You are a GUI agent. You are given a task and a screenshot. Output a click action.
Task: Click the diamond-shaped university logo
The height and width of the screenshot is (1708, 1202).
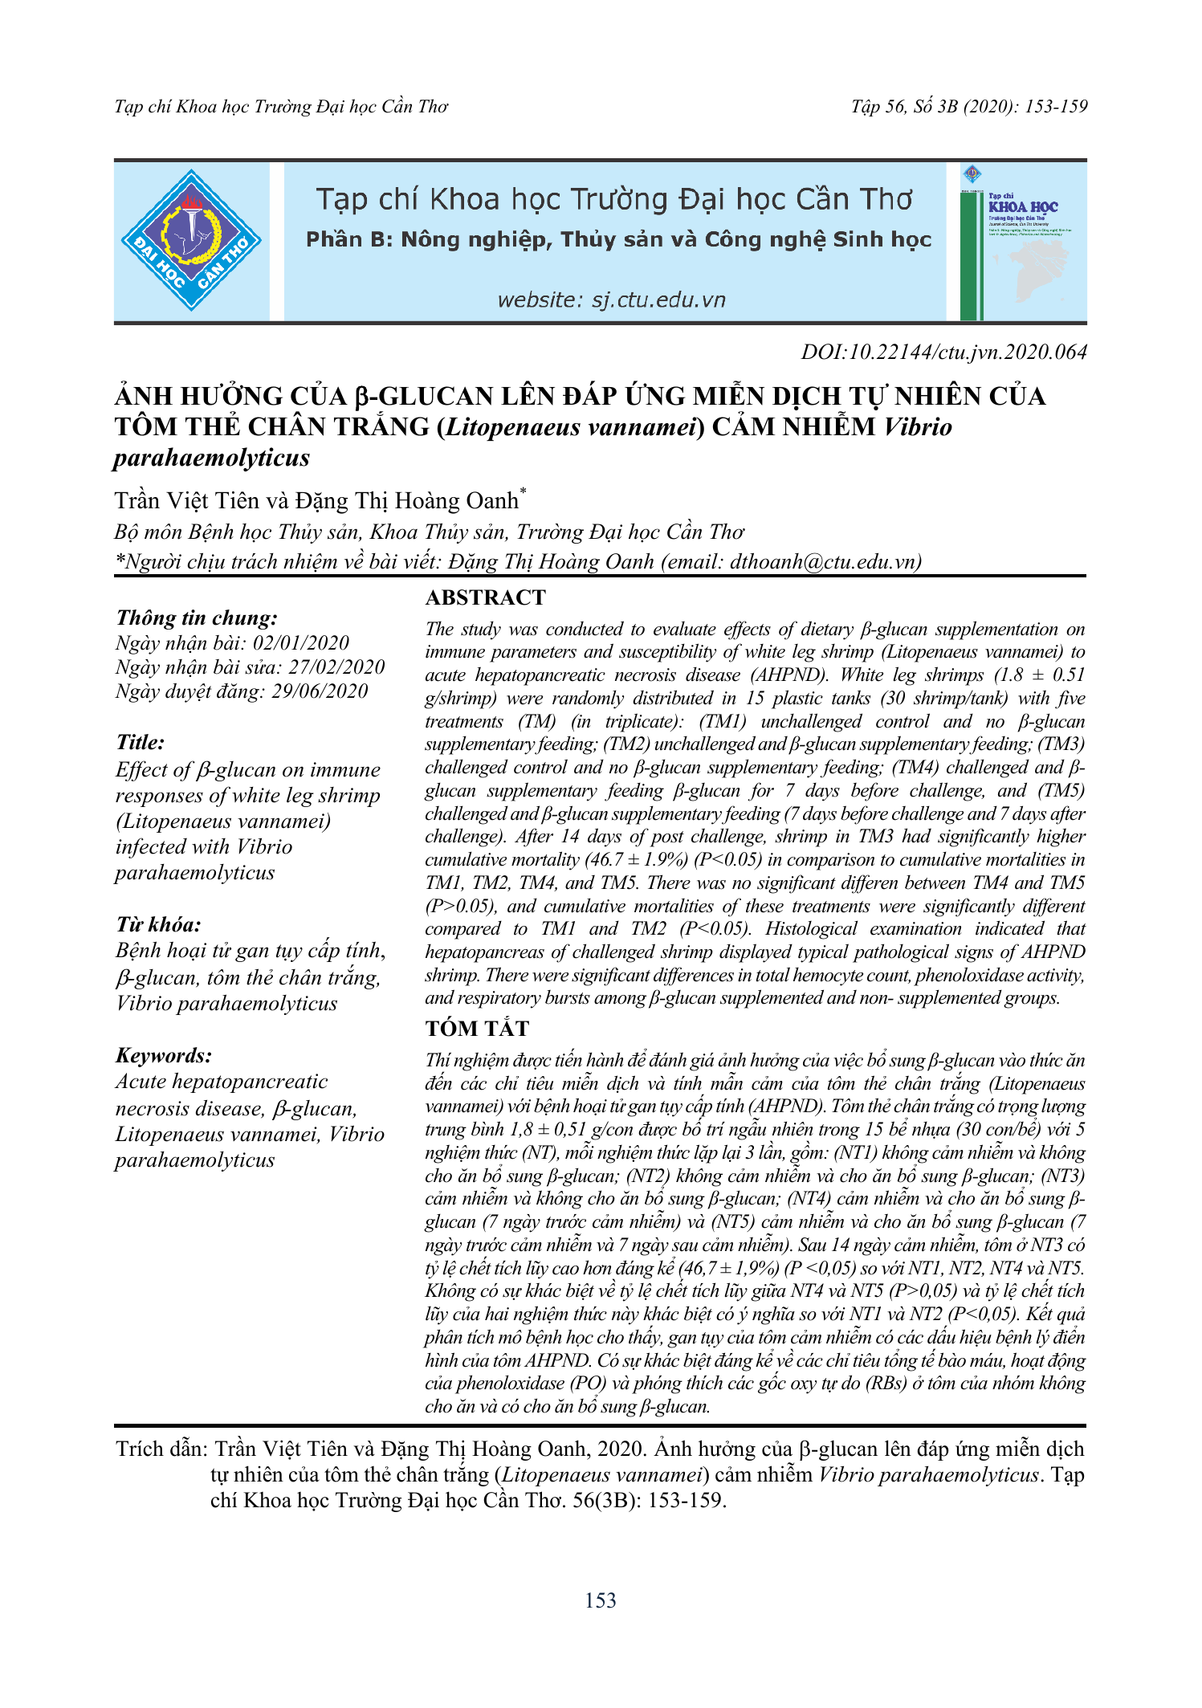pyautogui.click(x=191, y=240)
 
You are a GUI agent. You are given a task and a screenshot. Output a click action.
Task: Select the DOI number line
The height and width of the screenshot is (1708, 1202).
pyautogui.click(x=943, y=352)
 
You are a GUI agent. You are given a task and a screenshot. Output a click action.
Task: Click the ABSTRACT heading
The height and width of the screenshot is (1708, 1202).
pyautogui.click(x=485, y=597)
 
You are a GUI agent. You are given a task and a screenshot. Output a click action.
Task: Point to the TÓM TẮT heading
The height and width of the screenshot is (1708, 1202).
pyautogui.click(x=477, y=1029)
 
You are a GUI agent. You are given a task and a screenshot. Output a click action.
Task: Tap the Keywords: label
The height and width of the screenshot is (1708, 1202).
pyautogui.click(x=164, y=1055)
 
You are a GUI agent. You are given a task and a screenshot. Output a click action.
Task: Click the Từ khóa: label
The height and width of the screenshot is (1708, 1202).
pyautogui.click(x=158, y=924)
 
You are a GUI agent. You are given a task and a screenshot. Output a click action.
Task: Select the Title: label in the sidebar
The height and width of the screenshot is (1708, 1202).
pyautogui.click(x=141, y=742)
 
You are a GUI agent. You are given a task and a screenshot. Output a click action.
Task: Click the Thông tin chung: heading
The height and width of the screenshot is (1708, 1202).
pyautogui.click(x=197, y=618)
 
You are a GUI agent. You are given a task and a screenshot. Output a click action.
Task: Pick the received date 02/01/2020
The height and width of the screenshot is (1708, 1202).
pyautogui.click(x=301, y=642)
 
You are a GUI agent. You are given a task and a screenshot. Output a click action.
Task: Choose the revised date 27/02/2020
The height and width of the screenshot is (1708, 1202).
pyautogui.click(x=336, y=666)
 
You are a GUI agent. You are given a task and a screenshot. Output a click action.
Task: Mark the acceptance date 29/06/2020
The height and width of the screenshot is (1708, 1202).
pyautogui.click(x=320, y=691)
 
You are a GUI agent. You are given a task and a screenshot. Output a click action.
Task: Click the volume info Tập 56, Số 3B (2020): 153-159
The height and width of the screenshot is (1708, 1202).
pyautogui.click(x=969, y=107)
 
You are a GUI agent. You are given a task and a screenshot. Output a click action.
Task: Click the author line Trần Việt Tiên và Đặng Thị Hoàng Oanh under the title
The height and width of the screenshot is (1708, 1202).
pyautogui.click(x=317, y=500)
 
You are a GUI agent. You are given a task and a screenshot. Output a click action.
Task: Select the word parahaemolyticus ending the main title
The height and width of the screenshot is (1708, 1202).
pyautogui.click(x=211, y=458)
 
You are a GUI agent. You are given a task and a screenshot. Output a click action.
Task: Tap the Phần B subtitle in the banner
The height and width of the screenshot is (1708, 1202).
pyautogui.click(x=618, y=239)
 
